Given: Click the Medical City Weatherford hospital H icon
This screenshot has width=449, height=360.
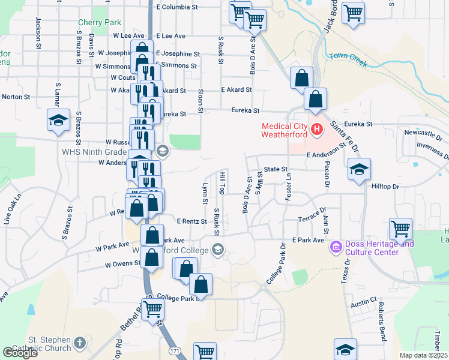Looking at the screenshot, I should click(316, 129).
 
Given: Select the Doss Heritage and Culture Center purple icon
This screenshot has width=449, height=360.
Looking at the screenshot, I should click(335, 246).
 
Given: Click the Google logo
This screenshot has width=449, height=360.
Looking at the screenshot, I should click(20, 353).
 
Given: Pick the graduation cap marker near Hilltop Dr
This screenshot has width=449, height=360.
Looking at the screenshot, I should click(359, 169).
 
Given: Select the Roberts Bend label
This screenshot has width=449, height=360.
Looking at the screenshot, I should click(381, 324).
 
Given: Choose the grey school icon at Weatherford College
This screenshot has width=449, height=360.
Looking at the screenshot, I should click(218, 250).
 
